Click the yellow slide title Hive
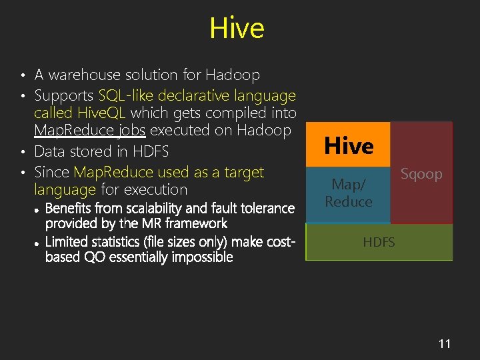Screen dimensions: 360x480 [x=237, y=29]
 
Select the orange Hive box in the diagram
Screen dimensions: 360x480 [x=348, y=145]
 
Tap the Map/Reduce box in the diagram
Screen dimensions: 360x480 [x=348, y=192]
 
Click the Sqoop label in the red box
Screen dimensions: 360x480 [x=421, y=175]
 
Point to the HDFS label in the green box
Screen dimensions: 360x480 [x=379, y=242]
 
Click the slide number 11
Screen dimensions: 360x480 [x=445, y=344]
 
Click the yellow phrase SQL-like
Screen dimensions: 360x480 [x=131, y=96]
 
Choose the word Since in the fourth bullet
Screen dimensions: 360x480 [x=52, y=172]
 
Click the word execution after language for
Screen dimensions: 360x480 [x=155, y=190]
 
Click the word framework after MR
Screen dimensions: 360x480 [x=197, y=223]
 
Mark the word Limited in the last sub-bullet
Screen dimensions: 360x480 [x=67, y=241]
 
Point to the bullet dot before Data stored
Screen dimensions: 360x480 [x=23, y=151]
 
